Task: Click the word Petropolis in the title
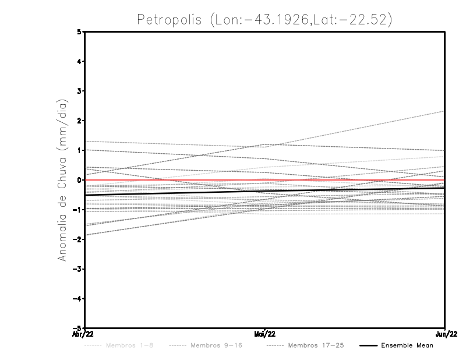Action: (169, 19)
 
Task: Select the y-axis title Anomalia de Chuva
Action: (62, 180)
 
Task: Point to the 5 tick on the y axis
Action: (79, 31)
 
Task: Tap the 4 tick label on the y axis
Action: (79, 61)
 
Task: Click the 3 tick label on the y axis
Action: (79, 91)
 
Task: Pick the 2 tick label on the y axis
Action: (79, 121)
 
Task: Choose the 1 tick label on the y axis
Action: (79, 150)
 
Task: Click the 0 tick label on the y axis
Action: (79, 180)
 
